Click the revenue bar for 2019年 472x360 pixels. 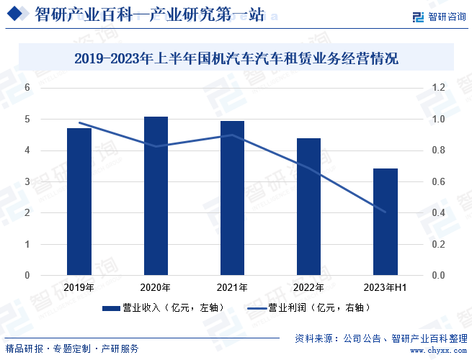(79, 202)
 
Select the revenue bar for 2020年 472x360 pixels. (156, 196)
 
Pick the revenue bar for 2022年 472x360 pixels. (308, 207)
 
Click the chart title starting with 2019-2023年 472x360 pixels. (236, 58)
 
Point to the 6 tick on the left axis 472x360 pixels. (27, 88)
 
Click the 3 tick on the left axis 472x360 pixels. (27, 181)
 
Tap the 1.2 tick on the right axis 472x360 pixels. (438, 88)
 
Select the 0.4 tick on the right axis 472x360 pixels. (438, 213)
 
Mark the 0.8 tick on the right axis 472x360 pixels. (438, 150)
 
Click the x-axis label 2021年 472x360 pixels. (232, 288)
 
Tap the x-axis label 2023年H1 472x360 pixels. (386, 288)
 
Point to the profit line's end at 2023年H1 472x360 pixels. (386, 212)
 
